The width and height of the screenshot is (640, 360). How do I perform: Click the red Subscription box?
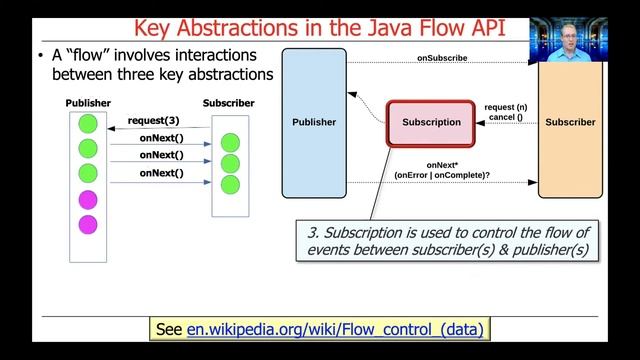pos(431,123)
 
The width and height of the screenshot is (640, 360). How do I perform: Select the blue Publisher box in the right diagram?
pos(314,122)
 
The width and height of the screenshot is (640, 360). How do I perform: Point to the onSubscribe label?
pos(442,58)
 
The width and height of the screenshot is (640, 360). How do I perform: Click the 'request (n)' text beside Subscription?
pos(506,107)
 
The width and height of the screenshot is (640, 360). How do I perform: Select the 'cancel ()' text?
pos(506,118)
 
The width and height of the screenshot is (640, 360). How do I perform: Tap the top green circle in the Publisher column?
pos(88,125)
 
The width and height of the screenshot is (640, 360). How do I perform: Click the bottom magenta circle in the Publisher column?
pos(88,223)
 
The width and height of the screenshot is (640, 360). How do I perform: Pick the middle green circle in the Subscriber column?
pos(230,163)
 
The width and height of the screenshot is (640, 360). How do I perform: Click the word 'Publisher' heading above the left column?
pos(88,103)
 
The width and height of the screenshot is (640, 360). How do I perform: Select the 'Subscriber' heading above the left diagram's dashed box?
pos(228,103)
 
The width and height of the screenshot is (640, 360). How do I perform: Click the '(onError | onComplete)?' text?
pos(441,176)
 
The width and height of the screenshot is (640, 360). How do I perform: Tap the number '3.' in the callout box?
pos(313,232)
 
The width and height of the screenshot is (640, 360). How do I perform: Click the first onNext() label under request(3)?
pos(161,138)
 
